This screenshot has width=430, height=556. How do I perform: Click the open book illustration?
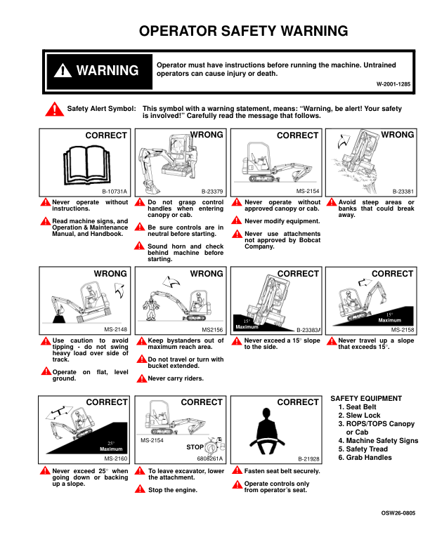[87, 164]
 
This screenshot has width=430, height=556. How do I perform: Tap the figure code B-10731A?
[115, 192]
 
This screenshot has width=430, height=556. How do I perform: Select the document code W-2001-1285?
[393, 84]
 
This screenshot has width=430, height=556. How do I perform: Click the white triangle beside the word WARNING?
[63, 70]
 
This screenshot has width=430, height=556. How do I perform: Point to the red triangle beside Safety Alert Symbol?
[54, 110]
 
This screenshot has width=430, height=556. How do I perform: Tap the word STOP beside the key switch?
[195, 447]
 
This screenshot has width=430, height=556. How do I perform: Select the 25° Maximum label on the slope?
[111, 446]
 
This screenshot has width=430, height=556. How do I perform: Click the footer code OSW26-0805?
[398, 512]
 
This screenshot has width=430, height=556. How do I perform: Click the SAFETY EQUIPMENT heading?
[366, 399]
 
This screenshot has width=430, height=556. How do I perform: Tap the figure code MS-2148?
[116, 329]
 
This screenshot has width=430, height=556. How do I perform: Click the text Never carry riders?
[176, 378]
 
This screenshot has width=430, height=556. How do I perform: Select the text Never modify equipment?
[282, 221]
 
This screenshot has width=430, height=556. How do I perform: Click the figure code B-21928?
[308, 459]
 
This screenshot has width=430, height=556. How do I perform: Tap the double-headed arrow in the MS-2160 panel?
[59, 412]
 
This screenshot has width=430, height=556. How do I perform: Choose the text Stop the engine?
[172, 490]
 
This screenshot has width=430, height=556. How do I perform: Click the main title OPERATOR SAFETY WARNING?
[243, 31]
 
